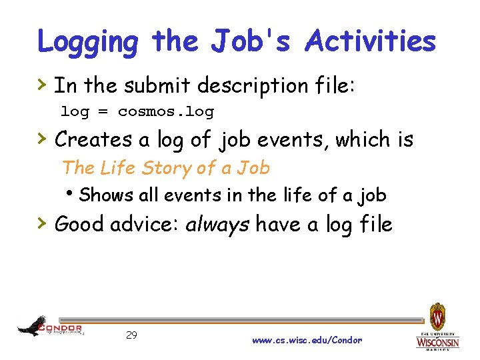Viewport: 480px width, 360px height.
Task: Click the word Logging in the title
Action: point(89,43)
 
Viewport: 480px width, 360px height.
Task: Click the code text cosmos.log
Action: point(165,111)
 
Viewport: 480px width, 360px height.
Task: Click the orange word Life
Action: point(117,168)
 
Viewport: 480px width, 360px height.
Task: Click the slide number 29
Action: point(131,335)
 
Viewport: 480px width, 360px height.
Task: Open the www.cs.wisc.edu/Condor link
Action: point(307,340)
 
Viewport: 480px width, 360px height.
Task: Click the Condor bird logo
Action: point(33,326)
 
